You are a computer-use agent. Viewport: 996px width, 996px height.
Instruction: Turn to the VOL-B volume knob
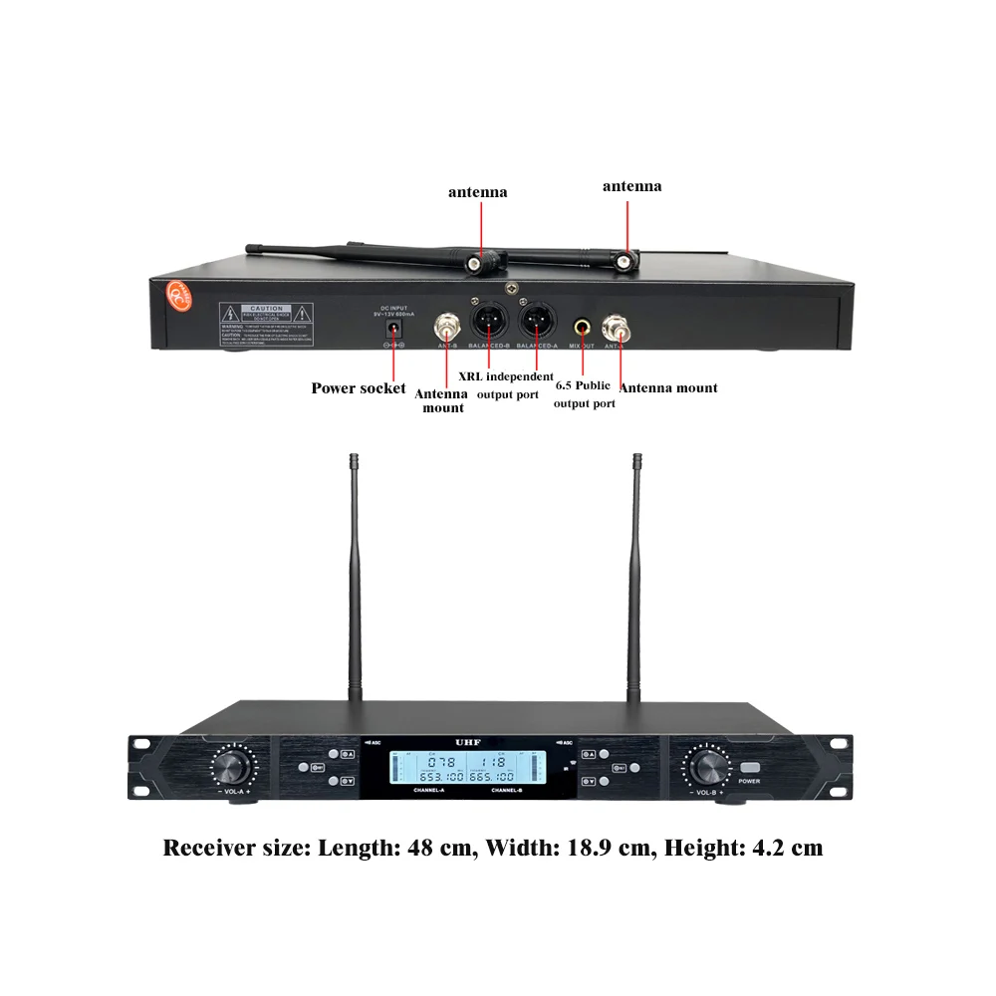pyautogui.click(x=709, y=768)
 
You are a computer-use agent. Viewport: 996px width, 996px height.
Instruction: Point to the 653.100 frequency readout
pyautogui.click(x=439, y=776)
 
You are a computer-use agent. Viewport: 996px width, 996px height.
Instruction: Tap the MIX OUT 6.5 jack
pyautogui.click(x=581, y=325)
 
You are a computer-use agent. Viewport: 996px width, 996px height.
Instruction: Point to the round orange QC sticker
pyautogui.click(x=176, y=297)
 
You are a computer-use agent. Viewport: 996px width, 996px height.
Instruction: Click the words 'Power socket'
pyautogui.click(x=359, y=388)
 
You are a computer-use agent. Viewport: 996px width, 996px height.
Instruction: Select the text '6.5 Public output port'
pyautogui.click(x=584, y=393)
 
